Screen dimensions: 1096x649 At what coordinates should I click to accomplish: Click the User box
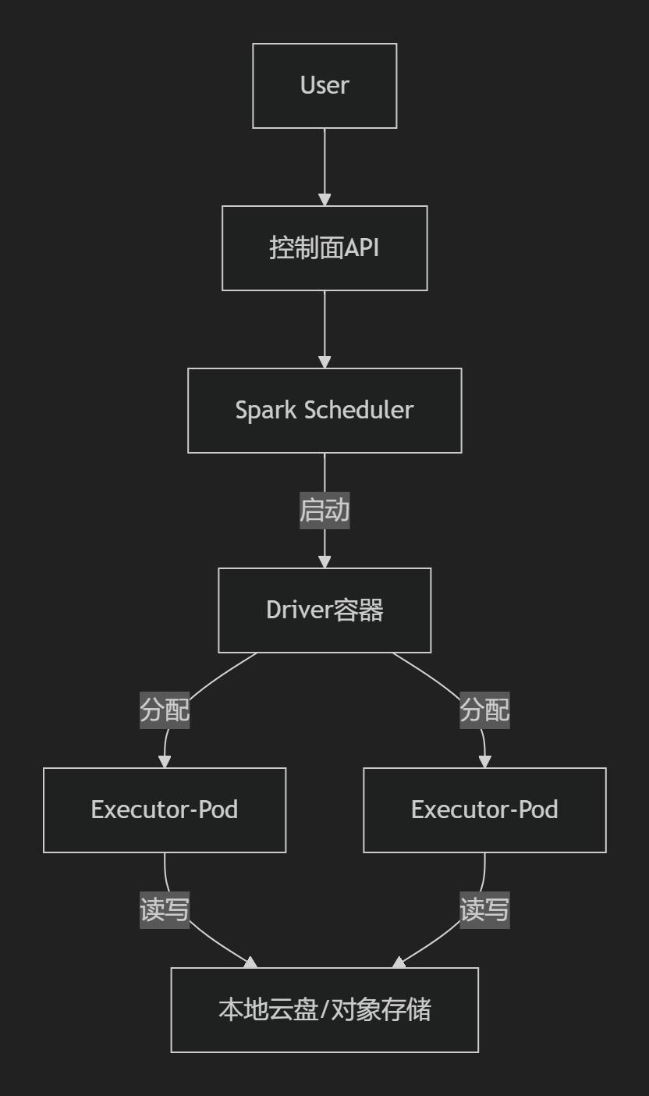click(324, 86)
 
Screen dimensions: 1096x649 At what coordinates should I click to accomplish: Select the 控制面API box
click(324, 248)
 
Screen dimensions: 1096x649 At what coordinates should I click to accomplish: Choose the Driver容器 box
click(324, 610)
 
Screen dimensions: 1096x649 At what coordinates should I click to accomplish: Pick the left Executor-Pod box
click(165, 810)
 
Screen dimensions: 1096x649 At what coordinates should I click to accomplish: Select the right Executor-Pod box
click(484, 810)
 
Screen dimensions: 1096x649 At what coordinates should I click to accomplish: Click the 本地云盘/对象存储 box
click(324, 1010)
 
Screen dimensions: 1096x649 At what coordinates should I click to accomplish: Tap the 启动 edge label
click(324, 511)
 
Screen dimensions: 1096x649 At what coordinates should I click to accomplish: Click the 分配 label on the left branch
click(165, 710)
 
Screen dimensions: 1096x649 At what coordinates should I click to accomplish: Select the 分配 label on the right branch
click(484, 710)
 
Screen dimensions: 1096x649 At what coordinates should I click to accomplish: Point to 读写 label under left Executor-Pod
click(165, 910)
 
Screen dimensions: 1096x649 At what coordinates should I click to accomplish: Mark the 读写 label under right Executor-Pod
click(484, 910)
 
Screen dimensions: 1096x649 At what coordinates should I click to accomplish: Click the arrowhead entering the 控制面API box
click(324, 200)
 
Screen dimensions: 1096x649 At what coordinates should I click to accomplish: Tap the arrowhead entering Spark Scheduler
click(324, 362)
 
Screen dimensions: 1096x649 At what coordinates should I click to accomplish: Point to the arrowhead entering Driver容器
click(324, 562)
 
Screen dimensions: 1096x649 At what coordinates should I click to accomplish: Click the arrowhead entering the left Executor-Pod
click(165, 762)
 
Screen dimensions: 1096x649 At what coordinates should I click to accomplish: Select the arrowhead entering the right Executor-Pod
click(484, 762)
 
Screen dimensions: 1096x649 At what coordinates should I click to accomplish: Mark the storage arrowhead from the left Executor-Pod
click(250, 963)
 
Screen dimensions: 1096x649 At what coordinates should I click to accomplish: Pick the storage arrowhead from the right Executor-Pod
click(399, 963)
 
